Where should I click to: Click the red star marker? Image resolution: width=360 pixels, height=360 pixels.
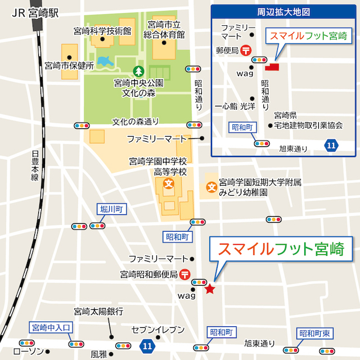coord(210,289)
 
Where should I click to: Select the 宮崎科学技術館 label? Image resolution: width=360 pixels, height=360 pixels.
coord(102,30)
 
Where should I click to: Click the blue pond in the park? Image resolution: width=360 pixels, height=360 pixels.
coord(105,60)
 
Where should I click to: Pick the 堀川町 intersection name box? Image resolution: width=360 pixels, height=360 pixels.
coord(113,209)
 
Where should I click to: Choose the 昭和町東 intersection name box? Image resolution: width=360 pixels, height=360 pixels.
coord(316,334)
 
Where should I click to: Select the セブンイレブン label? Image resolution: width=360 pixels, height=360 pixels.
coord(157,329)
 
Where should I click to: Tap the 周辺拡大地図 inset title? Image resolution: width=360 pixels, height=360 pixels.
coord(284,11)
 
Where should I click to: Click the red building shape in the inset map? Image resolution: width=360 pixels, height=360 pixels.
coord(273,67)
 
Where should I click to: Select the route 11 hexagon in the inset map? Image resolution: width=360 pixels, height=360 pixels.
coord(331,146)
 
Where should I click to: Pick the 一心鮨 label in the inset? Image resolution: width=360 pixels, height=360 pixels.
coord(226,105)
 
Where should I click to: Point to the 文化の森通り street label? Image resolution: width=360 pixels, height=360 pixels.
coord(136,121)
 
